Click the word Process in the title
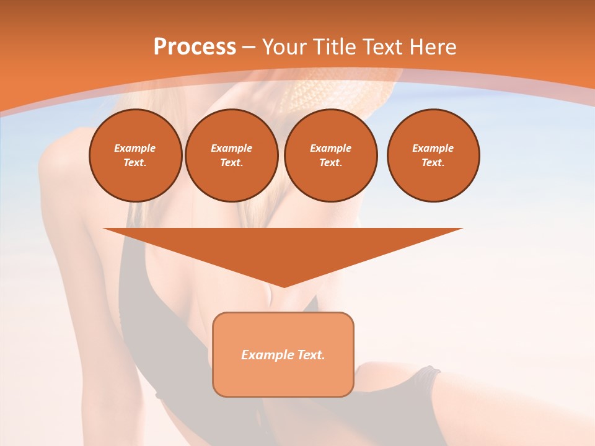pos(195,47)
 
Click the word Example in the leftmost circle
pos(135,148)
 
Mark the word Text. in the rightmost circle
pos(433,163)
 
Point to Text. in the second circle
pos(231,163)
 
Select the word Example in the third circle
pos(330,148)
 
